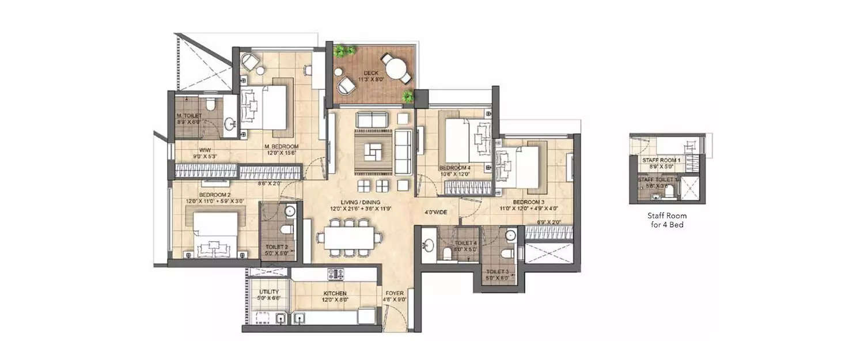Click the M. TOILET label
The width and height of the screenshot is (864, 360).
189,115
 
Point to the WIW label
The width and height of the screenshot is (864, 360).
190,150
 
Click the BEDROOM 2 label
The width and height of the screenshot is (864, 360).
215,195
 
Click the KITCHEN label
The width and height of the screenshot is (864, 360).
335,293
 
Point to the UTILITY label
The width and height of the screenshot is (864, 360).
269,292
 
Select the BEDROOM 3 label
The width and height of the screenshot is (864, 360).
529,202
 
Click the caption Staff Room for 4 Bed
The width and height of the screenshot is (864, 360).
667,220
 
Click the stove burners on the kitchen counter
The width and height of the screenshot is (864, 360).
335,274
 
